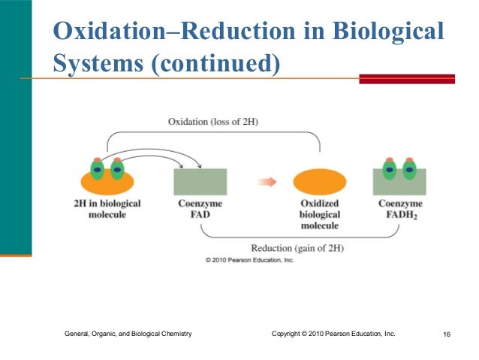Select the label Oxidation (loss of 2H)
(x=214, y=122)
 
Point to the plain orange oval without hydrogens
(x=320, y=181)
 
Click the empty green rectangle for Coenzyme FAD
(x=200, y=182)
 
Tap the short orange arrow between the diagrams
(x=267, y=181)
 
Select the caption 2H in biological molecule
(x=107, y=209)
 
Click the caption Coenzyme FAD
(x=199, y=209)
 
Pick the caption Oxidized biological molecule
(x=320, y=214)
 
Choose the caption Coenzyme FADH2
(x=399, y=209)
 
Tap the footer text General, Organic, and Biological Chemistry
(x=128, y=333)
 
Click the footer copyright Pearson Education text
(x=333, y=333)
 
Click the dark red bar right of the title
(x=406, y=78)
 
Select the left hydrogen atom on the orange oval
(x=97, y=168)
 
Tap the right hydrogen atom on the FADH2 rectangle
(x=409, y=169)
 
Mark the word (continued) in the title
(x=215, y=64)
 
